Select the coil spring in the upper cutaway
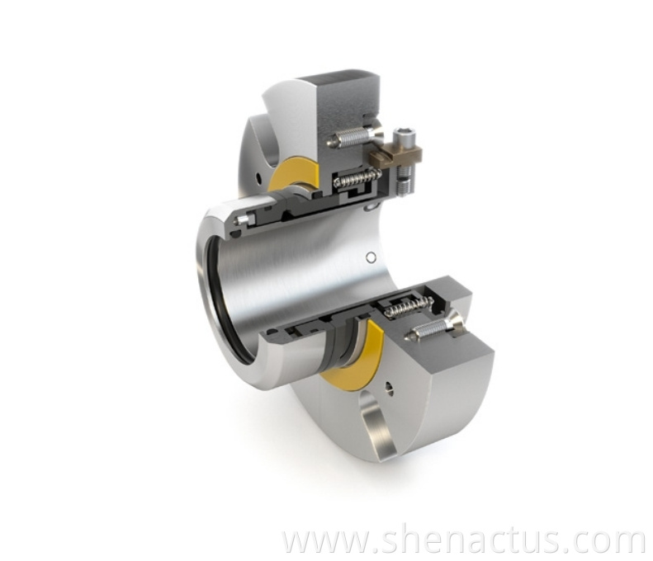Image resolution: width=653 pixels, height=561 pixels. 355,177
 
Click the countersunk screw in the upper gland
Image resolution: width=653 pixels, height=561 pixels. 355,137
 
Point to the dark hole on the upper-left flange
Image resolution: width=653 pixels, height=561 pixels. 261,177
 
